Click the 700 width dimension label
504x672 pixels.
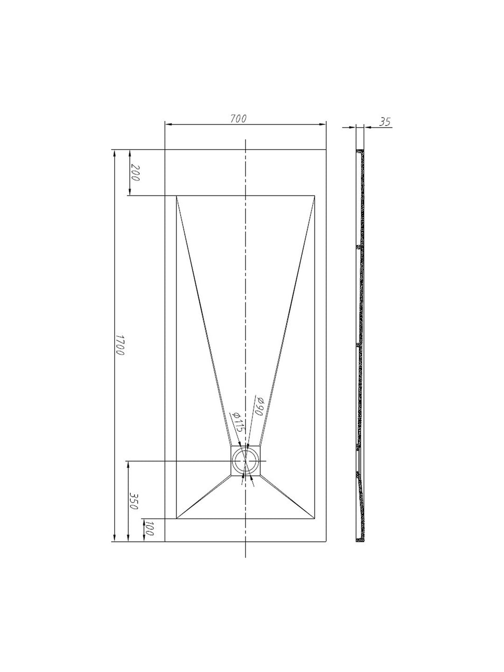click(238, 119)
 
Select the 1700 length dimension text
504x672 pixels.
click(120, 345)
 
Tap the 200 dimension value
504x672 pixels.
click(135, 173)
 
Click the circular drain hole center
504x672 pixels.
click(245, 469)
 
